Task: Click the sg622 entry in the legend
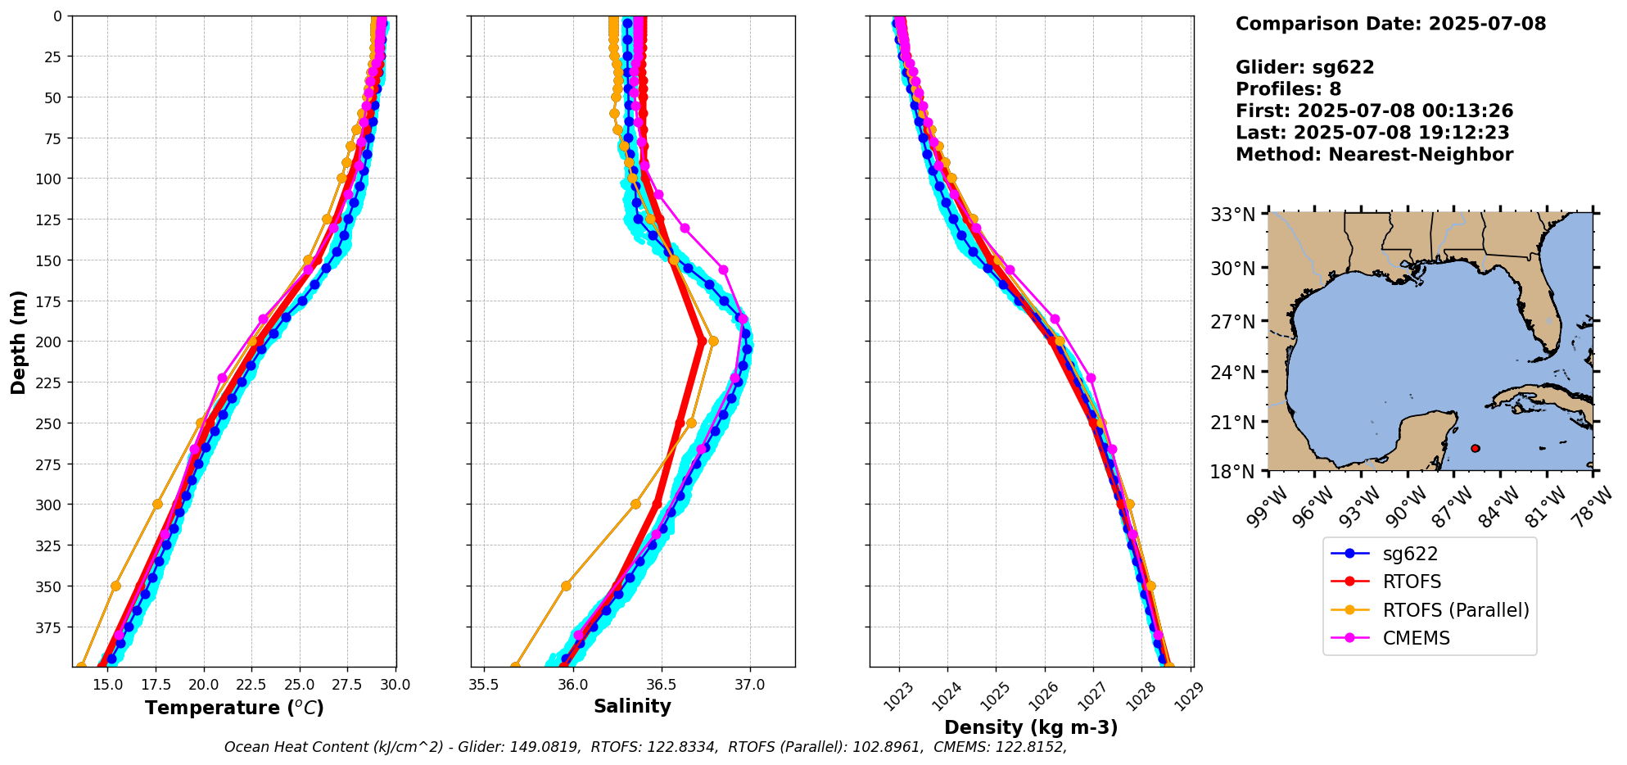1409,554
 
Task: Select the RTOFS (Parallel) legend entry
1455,610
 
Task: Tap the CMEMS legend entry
1416,638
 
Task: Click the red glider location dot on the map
1475,448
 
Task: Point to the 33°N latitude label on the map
1232,215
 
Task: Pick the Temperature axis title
234,708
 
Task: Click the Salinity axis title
632,706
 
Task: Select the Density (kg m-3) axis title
1030,727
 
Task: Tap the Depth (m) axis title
18,342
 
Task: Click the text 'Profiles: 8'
1288,89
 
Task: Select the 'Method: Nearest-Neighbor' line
1374,155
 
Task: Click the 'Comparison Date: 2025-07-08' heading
1390,24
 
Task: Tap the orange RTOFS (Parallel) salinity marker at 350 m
566,586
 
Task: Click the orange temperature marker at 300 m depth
157,504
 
